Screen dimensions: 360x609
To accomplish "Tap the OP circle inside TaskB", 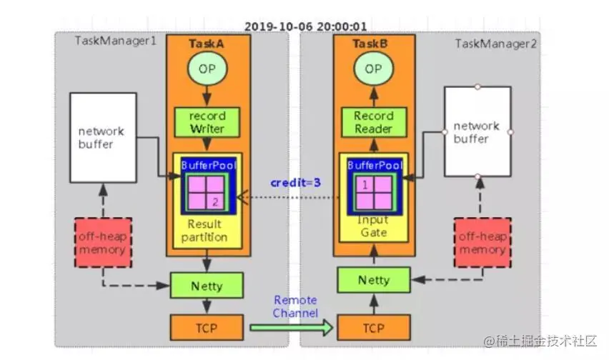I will (373, 70).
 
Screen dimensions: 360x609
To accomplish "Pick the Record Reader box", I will (373, 121).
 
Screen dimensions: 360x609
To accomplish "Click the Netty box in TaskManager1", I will (207, 285).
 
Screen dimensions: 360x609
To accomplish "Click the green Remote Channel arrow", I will (291, 327).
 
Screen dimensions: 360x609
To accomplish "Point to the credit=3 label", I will (295, 183).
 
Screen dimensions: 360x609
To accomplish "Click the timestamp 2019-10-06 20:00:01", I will (305, 26).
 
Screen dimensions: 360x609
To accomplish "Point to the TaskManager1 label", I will (115, 41).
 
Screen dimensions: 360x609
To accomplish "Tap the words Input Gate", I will (373, 226).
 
